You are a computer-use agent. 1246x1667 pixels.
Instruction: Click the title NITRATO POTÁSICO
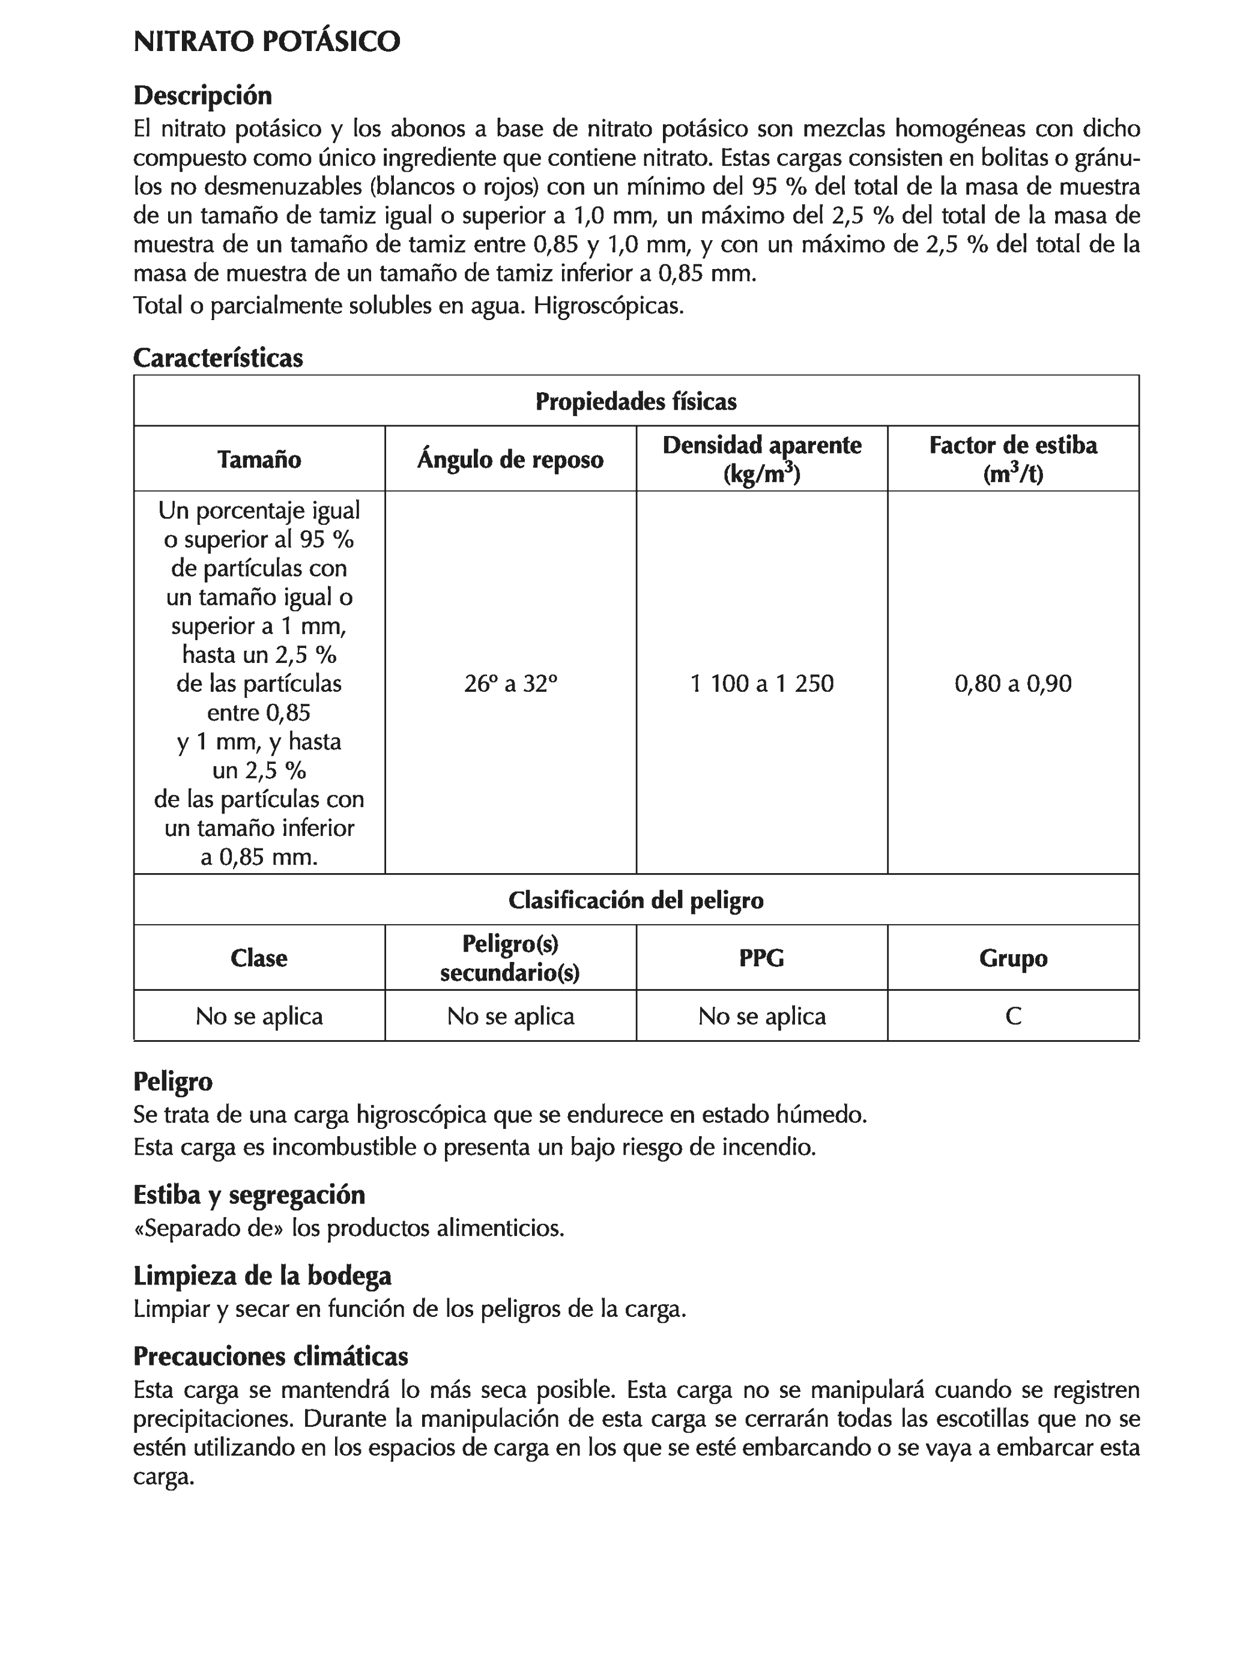(266, 41)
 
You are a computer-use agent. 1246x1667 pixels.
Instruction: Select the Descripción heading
(202, 95)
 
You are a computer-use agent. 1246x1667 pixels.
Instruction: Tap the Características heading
(218, 357)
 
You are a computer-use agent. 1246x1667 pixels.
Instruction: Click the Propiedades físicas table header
(635, 402)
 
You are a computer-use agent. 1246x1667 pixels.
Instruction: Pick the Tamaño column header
(259, 459)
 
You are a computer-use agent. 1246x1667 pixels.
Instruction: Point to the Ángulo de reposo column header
(510, 459)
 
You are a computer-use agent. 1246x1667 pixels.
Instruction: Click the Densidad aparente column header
(761, 458)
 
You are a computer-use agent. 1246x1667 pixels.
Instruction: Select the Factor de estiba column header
(1012, 458)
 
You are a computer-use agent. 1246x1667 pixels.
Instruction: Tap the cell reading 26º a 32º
(510, 683)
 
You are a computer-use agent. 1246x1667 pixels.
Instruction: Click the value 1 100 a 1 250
(761, 683)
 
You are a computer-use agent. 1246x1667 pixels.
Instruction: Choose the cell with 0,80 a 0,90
(1012, 683)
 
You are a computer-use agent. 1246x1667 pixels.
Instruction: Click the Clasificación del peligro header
(635, 900)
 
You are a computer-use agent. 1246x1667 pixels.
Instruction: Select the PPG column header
(761, 958)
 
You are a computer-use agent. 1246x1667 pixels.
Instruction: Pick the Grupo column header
(1012, 958)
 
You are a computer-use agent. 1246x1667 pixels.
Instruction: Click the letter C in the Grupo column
(1012, 1016)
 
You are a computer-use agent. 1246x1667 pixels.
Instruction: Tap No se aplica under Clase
(259, 1016)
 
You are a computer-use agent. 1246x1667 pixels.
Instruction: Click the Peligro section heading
(172, 1082)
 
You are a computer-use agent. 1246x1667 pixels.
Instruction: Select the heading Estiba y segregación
(249, 1194)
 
